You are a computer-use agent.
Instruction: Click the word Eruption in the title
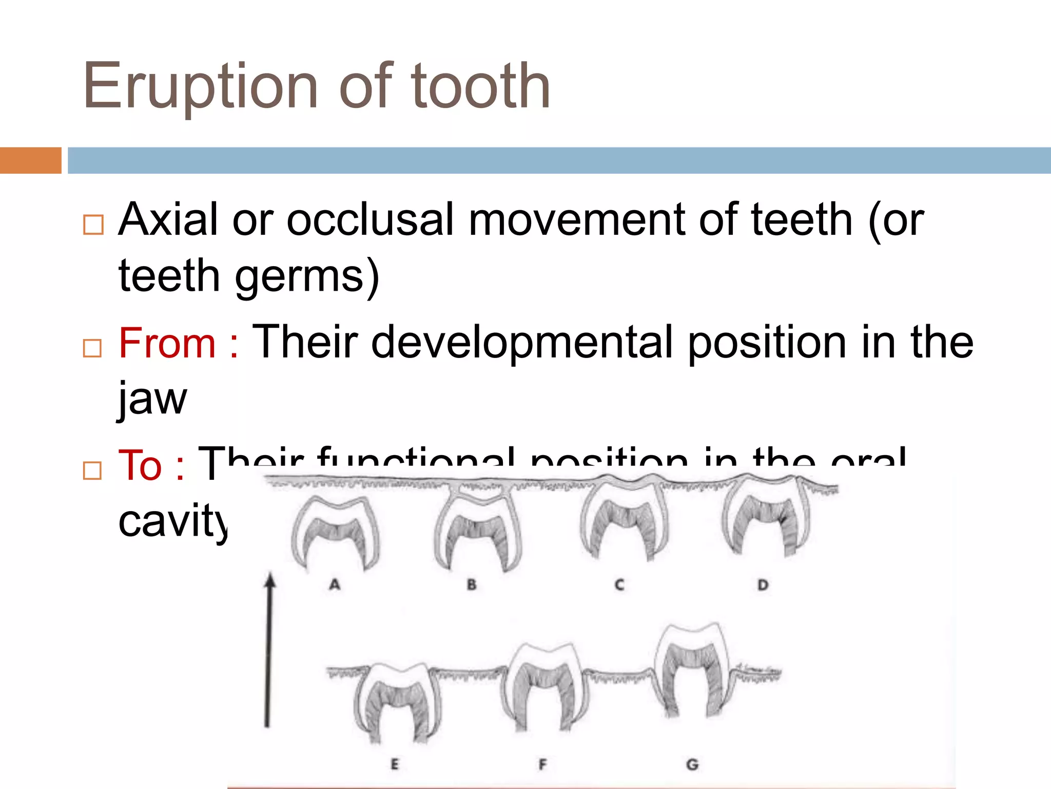click(x=200, y=86)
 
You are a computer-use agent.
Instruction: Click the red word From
click(x=167, y=343)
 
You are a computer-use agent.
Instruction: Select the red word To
click(x=140, y=465)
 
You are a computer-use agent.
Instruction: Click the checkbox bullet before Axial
click(x=93, y=224)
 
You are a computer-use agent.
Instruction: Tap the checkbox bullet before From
click(x=92, y=348)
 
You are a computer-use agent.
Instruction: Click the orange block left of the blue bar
click(x=30, y=160)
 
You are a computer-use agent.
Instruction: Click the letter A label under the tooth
click(x=335, y=584)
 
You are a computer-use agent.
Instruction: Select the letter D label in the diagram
click(x=763, y=585)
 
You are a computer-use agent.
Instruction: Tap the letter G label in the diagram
click(x=692, y=764)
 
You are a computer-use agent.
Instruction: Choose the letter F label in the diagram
click(x=542, y=764)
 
